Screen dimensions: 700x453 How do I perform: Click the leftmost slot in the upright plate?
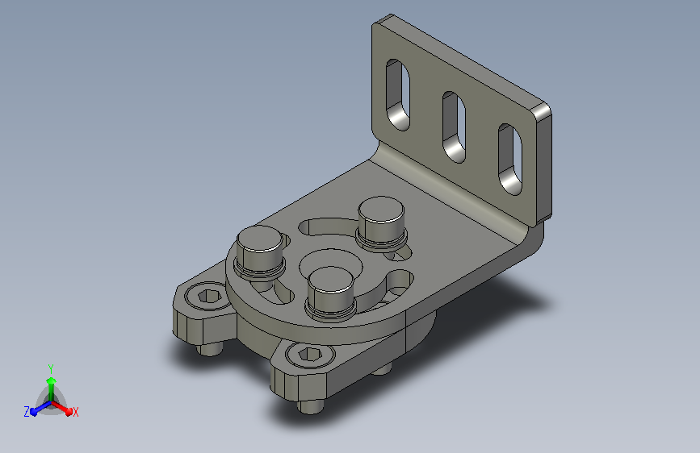pos(397,95)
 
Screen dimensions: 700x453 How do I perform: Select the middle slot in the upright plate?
pos(454,127)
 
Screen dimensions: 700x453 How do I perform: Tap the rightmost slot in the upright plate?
pos(510,160)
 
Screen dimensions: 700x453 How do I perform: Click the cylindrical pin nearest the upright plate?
pos(381,223)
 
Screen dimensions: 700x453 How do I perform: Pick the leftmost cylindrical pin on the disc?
pos(260,252)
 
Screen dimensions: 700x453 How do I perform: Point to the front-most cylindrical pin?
pos(331,293)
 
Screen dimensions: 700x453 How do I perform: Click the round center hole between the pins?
pos(331,263)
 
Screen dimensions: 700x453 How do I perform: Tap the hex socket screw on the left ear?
pos(208,296)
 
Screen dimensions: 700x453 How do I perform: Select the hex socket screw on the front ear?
pos(309,355)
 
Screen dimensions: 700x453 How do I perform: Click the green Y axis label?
pos(51,368)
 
